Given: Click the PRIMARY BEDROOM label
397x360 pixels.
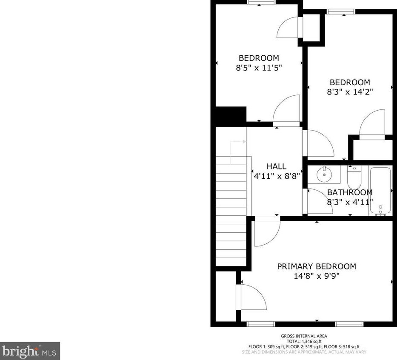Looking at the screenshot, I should point(317,266).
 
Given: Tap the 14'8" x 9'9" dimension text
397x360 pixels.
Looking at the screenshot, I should point(317,276).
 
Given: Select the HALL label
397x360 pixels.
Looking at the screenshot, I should point(276,166).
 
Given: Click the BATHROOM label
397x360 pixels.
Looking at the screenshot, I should point(349,193).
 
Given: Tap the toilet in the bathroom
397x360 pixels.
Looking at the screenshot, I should point(354,177).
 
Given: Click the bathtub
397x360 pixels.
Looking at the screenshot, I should point(380,191).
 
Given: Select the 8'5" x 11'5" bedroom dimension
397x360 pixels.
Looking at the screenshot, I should point(259,67).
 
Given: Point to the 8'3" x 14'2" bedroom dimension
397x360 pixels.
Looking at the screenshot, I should point(349,91).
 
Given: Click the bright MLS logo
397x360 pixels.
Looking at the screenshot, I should point(29,351).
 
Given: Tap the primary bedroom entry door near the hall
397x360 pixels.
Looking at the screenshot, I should point(266,232).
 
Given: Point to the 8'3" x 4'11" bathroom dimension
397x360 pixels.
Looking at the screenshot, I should point(349,202).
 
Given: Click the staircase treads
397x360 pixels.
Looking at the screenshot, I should point(231,213).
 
